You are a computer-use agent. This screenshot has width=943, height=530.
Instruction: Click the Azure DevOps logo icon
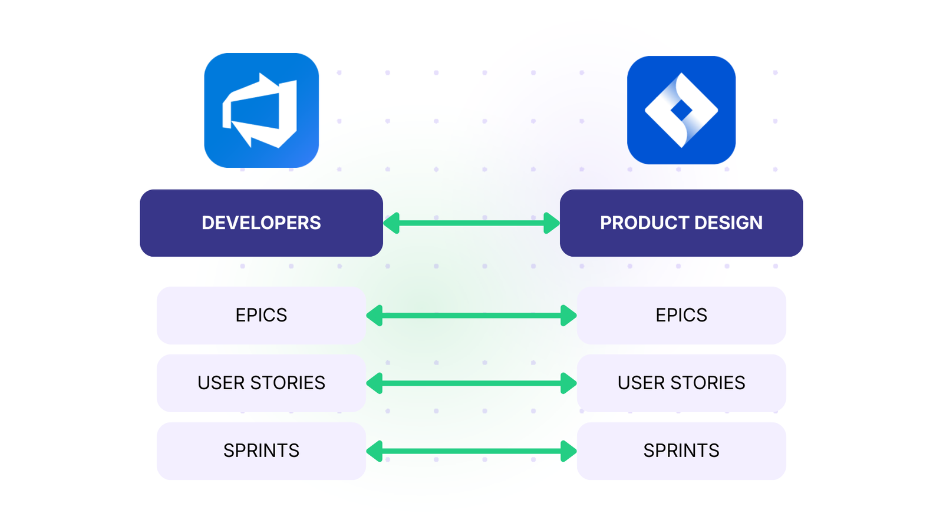point(261,111)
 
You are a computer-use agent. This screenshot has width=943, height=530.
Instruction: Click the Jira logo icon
point(681,110)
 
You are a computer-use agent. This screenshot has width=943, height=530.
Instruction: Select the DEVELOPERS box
point(261,223)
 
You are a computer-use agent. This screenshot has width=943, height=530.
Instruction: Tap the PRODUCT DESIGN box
point(681,223)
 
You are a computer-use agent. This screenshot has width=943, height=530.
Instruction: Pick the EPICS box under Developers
point(261,315)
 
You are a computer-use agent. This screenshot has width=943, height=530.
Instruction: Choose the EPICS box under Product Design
point(681,315)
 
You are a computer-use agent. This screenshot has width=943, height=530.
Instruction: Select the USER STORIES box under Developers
point(261,383)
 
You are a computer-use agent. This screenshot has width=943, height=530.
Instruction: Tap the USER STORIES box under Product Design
point(681,383)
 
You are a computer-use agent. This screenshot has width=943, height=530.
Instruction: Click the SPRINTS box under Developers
point(261,450)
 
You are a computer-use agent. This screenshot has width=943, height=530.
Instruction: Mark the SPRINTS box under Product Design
point(681,450)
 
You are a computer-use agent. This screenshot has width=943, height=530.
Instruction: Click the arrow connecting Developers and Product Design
point(471,223)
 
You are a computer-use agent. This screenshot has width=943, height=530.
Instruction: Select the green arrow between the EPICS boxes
point(471,316)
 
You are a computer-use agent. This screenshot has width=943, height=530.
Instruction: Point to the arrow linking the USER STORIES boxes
point(471,383)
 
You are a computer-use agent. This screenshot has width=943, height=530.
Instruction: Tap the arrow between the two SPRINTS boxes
point(471,451)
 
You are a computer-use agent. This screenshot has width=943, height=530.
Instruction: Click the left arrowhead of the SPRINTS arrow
point(375,451)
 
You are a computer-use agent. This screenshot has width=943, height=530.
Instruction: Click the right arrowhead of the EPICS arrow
point(568,316)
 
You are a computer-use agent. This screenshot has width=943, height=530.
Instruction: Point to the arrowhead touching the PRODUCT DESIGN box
point(551,223)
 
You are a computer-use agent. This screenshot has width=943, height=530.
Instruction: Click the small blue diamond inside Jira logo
point(681,110)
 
